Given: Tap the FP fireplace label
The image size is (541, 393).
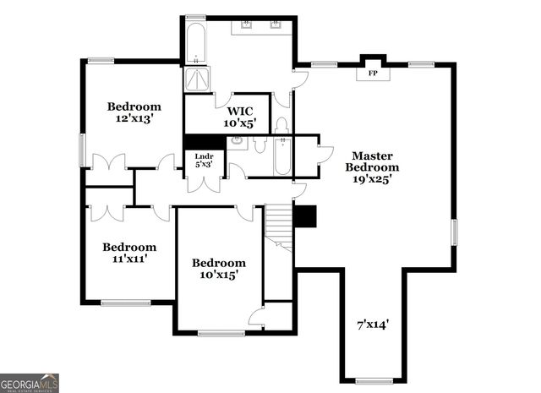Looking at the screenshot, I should click(373, 74).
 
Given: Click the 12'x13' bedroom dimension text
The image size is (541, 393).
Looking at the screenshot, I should click(134, 119).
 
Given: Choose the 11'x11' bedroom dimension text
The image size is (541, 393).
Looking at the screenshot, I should click(129, 259).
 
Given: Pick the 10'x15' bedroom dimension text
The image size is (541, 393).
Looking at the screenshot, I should click(218, 275).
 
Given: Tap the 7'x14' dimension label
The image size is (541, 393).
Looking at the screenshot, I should click(372, 323).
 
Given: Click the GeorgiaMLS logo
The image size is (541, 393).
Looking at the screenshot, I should click(30, 383).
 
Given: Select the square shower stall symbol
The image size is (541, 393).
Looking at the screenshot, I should click(197, 79).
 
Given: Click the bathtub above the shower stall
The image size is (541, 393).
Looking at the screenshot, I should click(196, 44).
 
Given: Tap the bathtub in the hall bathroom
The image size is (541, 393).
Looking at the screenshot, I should click(282, 156).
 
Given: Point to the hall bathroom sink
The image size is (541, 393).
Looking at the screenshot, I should click(239, 143).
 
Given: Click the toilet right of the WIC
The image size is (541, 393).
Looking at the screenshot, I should click(282, 125).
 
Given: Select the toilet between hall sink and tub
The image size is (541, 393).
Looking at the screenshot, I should click(260, 145).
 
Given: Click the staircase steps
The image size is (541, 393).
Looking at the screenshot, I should click(279, 227).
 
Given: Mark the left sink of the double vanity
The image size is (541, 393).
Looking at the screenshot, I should click(246, 25).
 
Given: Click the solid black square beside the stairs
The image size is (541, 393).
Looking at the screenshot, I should click(304, 216).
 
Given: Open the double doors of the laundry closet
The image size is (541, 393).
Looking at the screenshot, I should click(204, 183).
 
